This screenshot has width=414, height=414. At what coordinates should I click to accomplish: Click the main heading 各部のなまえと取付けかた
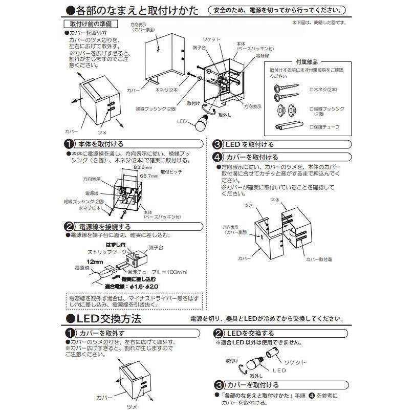[x=132, y=10]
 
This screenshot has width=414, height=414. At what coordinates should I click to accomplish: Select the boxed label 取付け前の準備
[x=90, y=24]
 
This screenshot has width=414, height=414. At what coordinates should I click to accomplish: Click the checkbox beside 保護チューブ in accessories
[x=311, y=126]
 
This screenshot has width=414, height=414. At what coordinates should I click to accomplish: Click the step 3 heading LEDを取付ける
[x=250, y=144]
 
